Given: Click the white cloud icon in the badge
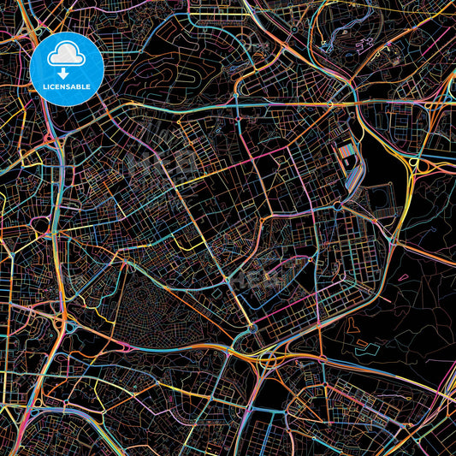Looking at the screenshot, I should [66, 56].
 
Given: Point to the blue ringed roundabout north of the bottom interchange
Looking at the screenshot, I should [253, 329].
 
